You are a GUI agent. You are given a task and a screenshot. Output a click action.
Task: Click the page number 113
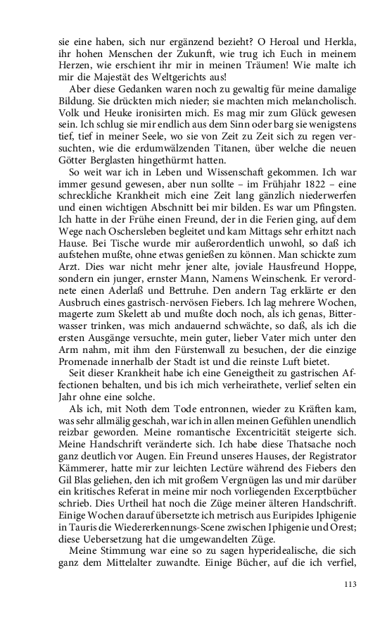click(350, 584)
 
